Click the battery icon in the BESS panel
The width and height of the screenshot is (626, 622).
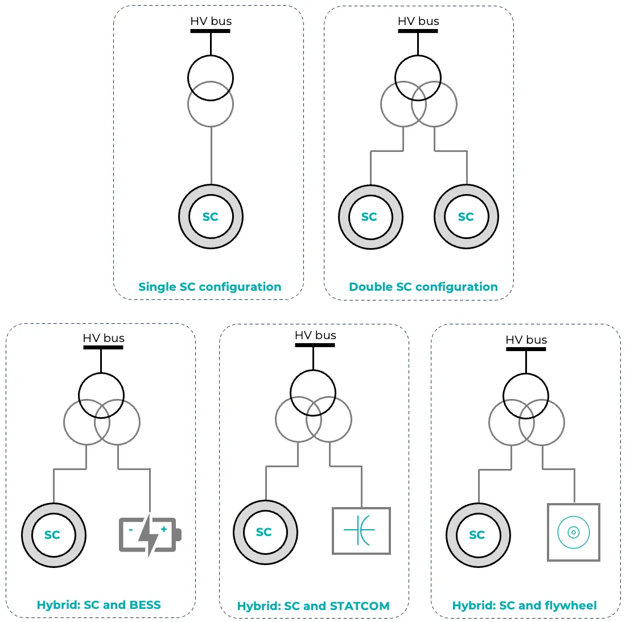[150, 535]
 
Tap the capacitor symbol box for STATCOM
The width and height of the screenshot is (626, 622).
[361, 531]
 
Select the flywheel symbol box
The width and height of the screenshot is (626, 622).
[574, 533]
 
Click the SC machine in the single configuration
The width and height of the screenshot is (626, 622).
[211, 217]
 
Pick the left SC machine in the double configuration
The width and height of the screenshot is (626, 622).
[370, 217]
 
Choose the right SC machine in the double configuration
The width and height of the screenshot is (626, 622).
[466, 217]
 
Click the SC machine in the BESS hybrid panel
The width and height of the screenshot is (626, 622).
[53, 535]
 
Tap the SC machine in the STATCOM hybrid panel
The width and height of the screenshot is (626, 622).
[265, 532]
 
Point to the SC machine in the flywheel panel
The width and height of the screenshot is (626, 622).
[478, 535]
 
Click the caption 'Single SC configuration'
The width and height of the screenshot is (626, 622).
[209, 287]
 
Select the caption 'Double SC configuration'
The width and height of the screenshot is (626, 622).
[423, 287]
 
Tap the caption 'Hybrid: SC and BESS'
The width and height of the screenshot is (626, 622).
[99, 605]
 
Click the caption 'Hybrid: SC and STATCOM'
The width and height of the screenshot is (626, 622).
[314, 607]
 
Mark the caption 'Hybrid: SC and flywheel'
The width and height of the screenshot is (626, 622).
[525, 606]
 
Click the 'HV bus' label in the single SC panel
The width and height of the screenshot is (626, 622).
[211, 22]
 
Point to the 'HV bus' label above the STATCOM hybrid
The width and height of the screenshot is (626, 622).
[315, 336]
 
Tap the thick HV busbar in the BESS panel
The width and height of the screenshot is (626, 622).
[103, 347]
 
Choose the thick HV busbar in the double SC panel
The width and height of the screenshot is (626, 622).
[418, 31]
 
